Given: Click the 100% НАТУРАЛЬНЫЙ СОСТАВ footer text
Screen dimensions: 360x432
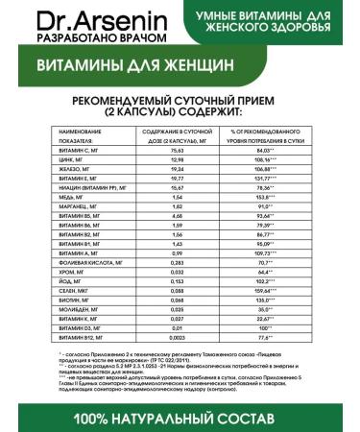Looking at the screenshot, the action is (x=180, y=418).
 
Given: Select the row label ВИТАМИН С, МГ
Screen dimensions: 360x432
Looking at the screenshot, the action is (x=80, y=150).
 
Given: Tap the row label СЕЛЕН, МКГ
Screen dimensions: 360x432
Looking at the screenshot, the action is (x=75, y=291).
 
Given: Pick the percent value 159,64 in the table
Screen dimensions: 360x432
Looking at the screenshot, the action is (x=262, y=291).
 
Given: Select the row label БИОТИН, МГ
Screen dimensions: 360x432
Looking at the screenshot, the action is (x=76, y=300).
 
